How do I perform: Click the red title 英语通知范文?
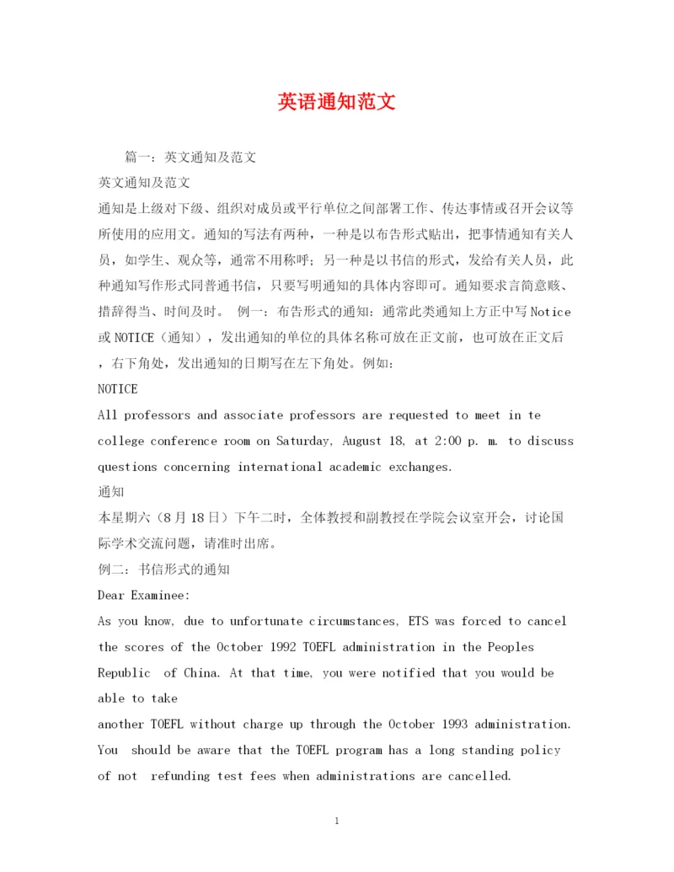point(336,103)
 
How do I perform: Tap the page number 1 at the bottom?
point(336,821)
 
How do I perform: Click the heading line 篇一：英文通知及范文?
point(190,157)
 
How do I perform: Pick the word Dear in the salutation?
point(111,595)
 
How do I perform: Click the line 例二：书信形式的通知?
point(163,570)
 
